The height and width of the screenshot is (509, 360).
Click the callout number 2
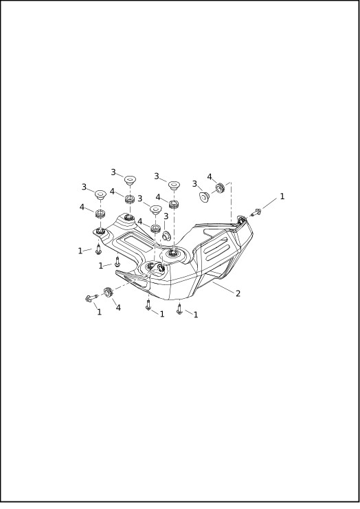pos(238,294)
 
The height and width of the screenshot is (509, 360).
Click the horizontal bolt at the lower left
pos(91,297)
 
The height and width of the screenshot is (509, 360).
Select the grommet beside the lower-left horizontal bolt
pos(108,292)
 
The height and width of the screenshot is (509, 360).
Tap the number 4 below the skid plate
pos(118,308)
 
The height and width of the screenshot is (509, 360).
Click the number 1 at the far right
pos(282,196)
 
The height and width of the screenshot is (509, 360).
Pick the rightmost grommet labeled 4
pos(220,188)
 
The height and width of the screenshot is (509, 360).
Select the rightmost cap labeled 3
pos(204,196)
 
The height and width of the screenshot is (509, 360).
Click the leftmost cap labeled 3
pos(100,195)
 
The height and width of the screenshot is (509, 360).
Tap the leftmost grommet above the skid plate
pos(100,214)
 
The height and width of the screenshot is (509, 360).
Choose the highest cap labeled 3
pos(130,179)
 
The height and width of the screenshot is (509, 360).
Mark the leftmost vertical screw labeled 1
pos(98,249)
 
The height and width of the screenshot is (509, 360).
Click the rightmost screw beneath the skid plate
pos(179,309)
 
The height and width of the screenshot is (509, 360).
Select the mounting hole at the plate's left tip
pos(100,231)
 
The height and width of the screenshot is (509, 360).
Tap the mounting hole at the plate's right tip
pos(241,220)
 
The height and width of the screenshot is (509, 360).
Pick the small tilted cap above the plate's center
pos(167,236)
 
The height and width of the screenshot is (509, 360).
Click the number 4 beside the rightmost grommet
pos(210,177)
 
